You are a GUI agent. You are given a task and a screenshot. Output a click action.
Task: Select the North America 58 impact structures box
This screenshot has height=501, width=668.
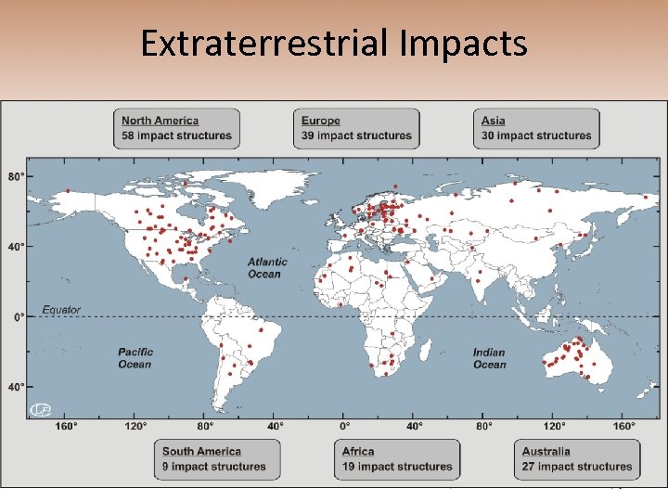pos(177,128)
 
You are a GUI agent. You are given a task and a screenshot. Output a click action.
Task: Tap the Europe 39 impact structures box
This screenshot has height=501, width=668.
pos(357,128)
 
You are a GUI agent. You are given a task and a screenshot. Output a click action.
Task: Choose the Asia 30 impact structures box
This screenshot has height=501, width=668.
pos(536,128)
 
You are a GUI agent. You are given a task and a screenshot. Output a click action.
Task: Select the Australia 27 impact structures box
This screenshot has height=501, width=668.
pos(576,459)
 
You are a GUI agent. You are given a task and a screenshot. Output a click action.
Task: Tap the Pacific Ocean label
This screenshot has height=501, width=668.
pos(135,358)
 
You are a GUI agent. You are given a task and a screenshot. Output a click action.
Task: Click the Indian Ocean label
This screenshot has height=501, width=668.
pos(489,358)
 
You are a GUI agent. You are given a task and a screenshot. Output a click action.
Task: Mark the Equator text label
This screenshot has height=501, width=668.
pos(61,310)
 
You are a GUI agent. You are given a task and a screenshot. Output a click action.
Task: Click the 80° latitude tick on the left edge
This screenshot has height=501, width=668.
pos(17,175)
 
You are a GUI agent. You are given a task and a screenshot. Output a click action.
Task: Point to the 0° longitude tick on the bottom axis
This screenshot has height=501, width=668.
pos(344,427)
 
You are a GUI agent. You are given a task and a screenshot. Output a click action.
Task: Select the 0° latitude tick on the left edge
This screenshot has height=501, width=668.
pos(19,317)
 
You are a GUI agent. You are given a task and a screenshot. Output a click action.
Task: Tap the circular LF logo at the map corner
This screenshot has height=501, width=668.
pos(40,409)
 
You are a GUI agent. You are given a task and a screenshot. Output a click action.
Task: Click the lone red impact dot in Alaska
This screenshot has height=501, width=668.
pos(68,191)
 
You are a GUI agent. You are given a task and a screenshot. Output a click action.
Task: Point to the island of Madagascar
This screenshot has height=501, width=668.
pos(424,351)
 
